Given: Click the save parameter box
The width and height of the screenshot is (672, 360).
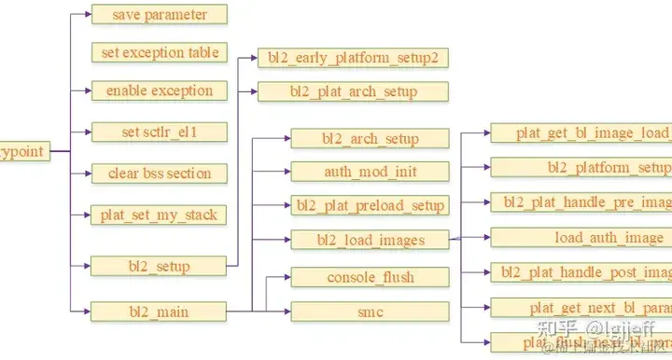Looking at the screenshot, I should [160, 15].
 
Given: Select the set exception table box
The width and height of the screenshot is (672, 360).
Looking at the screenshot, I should [160, 52].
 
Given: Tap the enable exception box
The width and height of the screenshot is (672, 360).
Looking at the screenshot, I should [160, 91].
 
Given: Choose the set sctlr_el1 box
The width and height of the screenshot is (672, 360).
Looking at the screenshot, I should [160, 132].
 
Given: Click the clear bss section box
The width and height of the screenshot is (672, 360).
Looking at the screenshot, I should [160, 173].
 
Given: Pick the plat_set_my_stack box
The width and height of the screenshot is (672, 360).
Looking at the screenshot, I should [160, 215].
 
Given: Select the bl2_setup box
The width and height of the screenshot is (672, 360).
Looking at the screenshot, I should [160, 267].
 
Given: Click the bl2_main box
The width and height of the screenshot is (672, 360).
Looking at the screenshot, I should [160, 312].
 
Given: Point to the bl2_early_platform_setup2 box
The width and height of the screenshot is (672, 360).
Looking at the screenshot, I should [353, 58].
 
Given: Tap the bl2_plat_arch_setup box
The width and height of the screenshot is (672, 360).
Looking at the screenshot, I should [353, 91].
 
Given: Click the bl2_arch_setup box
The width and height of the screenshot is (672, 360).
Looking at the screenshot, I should [370, 140].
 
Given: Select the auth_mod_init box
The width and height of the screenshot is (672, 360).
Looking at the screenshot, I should [370, 172].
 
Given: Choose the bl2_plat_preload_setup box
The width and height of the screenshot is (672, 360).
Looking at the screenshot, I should [370, 205].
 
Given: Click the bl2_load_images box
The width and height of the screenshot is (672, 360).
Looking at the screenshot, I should [370, 241].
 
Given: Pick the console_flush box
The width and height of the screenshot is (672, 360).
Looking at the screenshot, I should [370, 277].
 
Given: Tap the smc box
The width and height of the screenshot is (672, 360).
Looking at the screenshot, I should [370, 312].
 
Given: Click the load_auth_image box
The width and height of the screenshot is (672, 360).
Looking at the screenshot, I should [581, 238].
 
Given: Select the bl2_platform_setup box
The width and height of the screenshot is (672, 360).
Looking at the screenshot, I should [581, 167].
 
